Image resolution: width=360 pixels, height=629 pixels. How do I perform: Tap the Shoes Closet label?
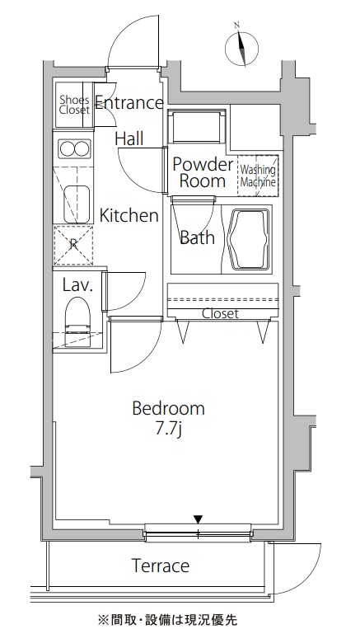[x=75, y=105]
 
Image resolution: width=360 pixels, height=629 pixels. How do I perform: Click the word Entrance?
[x=129, y=103]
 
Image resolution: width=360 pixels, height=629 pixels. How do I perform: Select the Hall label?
[x=129, y=138]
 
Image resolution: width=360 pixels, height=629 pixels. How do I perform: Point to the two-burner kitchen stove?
[x=75, y=149]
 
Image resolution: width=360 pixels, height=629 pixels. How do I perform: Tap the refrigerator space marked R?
[x=73, y=245]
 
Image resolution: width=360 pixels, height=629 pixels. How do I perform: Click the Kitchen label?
[x=129, y=215]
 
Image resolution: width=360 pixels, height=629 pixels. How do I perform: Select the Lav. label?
[x=77, y=285]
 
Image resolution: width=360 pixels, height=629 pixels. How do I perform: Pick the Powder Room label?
[x=203, y=172]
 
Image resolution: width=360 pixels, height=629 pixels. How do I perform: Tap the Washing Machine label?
[x=258, y=176]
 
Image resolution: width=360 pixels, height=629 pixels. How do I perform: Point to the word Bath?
[x=197, y=237]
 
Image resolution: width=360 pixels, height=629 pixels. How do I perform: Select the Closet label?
[x=220, y=313]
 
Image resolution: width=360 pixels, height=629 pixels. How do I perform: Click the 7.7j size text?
[x=168, y=430]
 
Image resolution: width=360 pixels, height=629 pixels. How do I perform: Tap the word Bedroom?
[x=168, y=408]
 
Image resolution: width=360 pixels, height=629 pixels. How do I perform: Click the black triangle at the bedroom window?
[x=198, y=519]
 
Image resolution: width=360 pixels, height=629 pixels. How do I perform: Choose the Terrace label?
[x=161, y=566]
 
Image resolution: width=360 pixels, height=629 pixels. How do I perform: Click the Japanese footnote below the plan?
[x=167, y=618]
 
